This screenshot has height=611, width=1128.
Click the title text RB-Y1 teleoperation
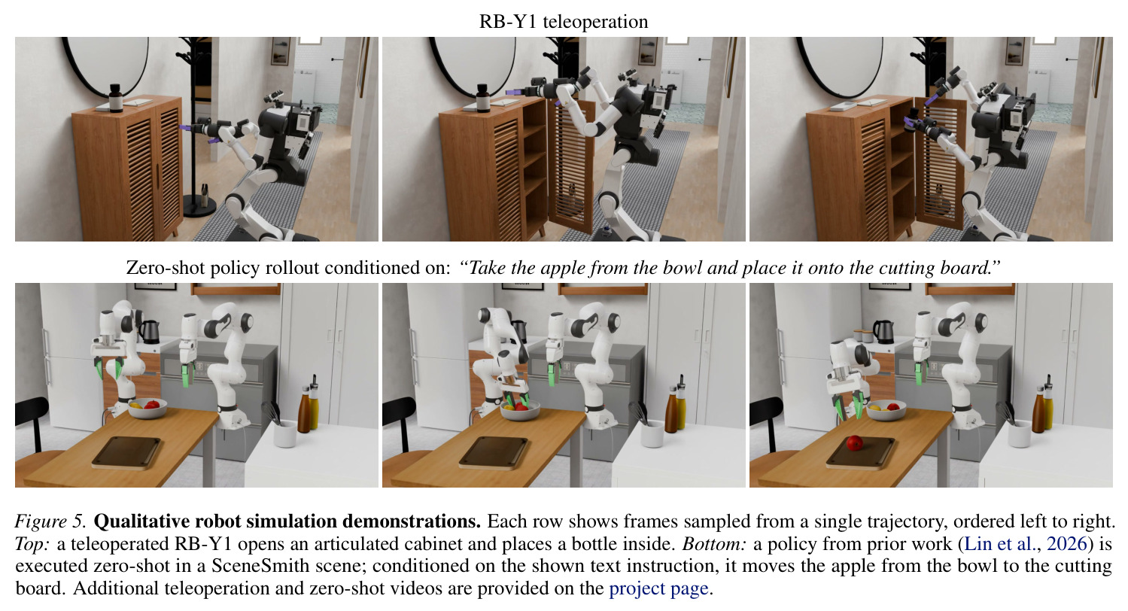tap(564, 22)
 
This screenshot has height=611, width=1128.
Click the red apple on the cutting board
tap(855, 443)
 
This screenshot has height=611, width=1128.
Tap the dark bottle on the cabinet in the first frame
tap(116, 99)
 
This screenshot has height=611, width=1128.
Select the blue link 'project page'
tap(658, 588)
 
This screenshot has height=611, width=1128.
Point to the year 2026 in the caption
tap(1066, 544)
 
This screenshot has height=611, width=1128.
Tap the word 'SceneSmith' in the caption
tap(260, 566)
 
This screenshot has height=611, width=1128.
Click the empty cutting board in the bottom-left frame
tap(126, 453)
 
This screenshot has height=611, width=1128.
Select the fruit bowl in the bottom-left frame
tap(147, 408)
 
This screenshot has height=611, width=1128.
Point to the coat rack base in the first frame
tap(199, 206)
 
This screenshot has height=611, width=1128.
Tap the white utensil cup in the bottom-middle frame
tap(652, 434)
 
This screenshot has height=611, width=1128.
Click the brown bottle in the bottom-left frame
tap(304, 410)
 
